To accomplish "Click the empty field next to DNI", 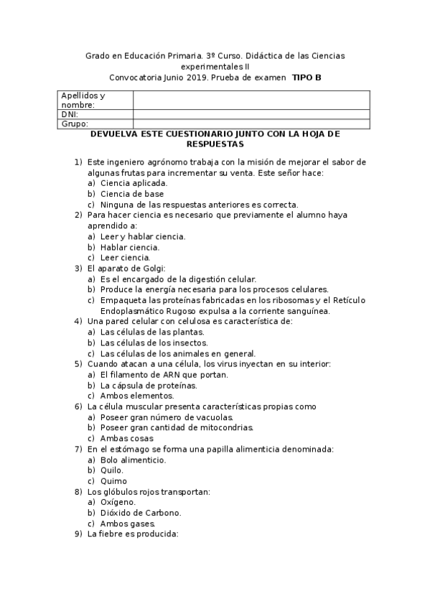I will click(x=251, y=113).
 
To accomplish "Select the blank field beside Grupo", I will click(x=251, y=123).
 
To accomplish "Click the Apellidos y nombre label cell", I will click(x=94, y=100).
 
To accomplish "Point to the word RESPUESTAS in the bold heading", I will click(x=215, y=144).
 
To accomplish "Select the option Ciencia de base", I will click(x=132, y=194).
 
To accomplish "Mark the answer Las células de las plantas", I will click(x=152, y=332).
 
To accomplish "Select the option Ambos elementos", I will click(x=137, y=396).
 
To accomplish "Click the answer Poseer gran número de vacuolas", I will click(x=167, y=417).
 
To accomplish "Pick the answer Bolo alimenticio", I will click(x=134, y=460).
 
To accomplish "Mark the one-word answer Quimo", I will click(x=113, y=481).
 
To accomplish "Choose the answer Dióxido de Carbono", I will click(x=141, y=513).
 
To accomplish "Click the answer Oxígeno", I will click(x=118, y=502).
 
